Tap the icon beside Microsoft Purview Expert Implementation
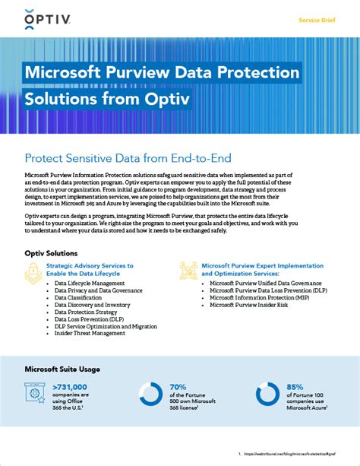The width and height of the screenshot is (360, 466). pyautogui.click(x=189, y=271)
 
